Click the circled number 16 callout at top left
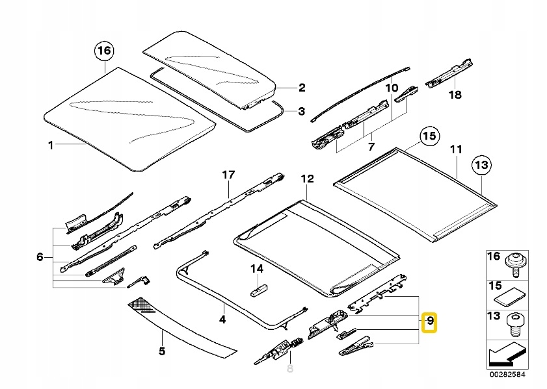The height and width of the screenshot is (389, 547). pyautogui.click(x=104, y=51)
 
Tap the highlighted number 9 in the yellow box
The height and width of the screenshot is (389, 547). pyautogui.click(x=429, y=321)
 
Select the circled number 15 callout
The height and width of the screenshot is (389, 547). pyautogui.click(x=427, y=137)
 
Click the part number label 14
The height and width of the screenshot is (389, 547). pyautogui.click(x=257, y=268)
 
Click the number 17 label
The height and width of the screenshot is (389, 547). pyautogui.click(x=227, y=175)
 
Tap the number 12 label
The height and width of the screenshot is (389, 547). pyautogui.click(x=306, y=179)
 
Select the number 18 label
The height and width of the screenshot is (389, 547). pyautogui.click(x=455, y=95)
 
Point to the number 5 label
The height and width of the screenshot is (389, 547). pyautogui.click(x=161, y=351)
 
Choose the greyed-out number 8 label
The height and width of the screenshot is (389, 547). pyautogui.click(x=289, y=368)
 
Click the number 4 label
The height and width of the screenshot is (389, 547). pyautogui.click(x=222, y=319)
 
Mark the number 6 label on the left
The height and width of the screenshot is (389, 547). pyautogui.click(x=40, y=257)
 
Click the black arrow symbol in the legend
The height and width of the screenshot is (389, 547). pyautogui.click(x=501, y=358)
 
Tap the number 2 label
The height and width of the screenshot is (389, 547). pyautogui.click(x=301, y=88)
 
